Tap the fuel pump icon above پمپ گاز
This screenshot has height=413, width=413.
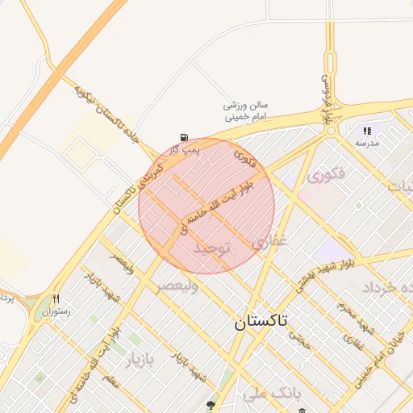[186, 138]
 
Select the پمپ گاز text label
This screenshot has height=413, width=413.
[185, 149]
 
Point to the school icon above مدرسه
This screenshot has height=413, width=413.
[367, 130]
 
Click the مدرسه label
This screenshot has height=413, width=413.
[366, 142]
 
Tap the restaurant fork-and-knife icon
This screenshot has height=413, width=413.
[56, 298]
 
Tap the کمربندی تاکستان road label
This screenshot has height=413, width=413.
[142, 186]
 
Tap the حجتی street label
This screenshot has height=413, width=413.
[302, 343]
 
